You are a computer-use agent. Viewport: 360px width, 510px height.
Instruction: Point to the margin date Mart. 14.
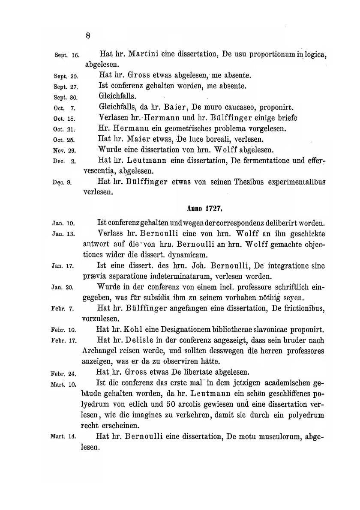pyautogui.click(x=63, y=437)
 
